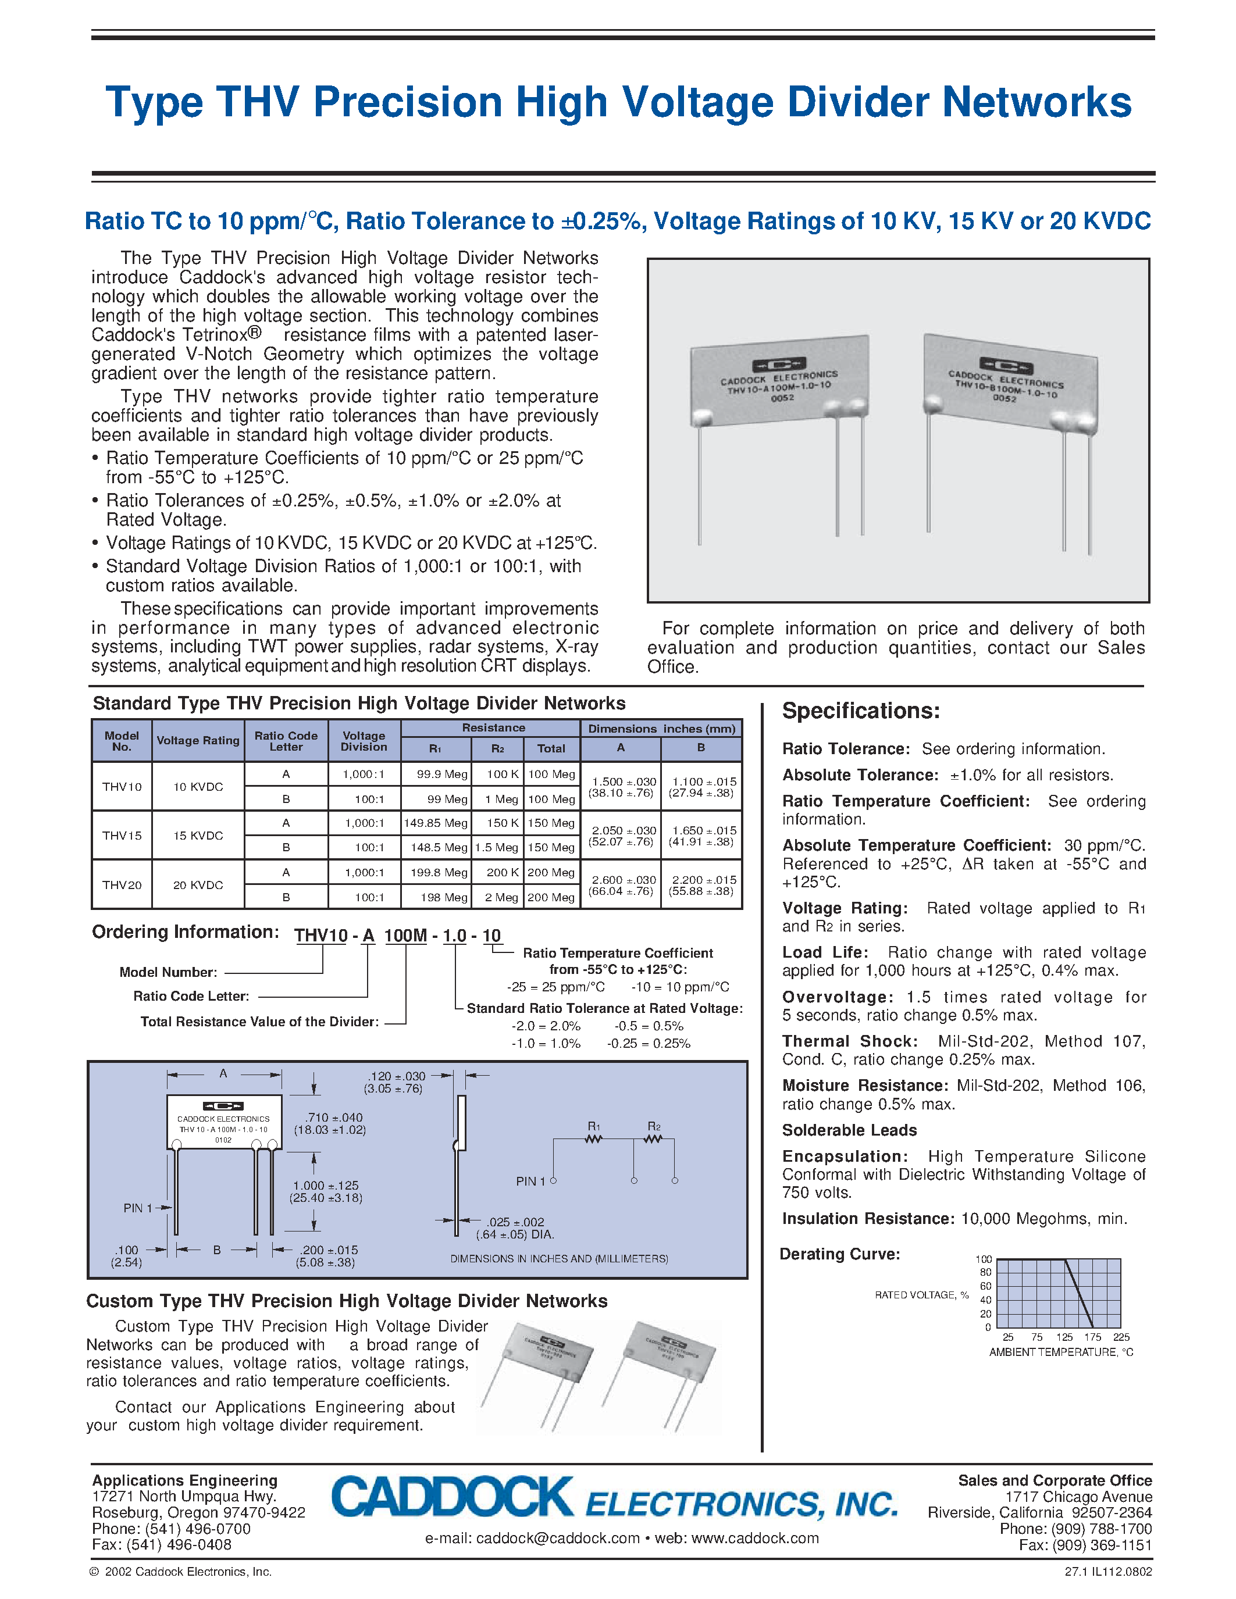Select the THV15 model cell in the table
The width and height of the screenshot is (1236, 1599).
tap(122, 836)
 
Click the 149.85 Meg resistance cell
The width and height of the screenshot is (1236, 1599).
tap(436, 823)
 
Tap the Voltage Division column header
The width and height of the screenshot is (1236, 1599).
tap(364, 741)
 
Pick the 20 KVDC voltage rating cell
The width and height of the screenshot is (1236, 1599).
tap(198, 884)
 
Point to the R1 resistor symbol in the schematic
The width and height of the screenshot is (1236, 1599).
tap(594, 1138)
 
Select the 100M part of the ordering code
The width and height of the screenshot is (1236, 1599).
tap(405, 936)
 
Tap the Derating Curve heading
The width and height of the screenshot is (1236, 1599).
tap(839, 1254)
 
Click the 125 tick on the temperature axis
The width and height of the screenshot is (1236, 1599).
tap(1064, 1337)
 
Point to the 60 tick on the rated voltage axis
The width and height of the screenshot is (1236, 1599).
tap(985, 1286)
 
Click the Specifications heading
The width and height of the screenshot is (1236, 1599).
tap(860, 711)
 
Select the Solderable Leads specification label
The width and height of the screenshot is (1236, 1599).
tap(849, 1130)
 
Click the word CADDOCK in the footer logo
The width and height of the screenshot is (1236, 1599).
tap(452, 1498)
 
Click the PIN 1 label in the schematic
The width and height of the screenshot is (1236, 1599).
tap(530, 1181)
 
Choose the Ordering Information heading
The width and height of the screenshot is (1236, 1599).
tap(185, 932)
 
